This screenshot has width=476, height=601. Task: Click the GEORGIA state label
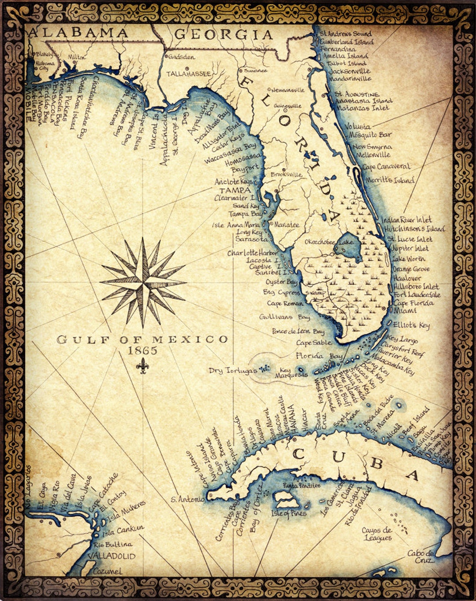point(223,35)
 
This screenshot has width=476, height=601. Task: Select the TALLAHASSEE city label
point(189,74)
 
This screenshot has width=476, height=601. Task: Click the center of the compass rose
point(143,282)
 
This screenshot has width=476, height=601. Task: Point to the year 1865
point(142,350)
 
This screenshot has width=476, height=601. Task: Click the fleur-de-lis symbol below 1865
point(142,365)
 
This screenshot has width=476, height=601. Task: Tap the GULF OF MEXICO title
point(142,339)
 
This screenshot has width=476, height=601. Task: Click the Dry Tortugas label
point(233,371)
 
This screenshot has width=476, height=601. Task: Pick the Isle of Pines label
point(289,513)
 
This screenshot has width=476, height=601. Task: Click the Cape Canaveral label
point(386,167)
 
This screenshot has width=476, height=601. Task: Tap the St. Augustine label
point(357,94)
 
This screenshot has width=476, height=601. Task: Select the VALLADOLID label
point(112,556)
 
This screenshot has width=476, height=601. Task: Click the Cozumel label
point(108,571)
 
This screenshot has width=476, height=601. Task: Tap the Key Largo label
point(402,340)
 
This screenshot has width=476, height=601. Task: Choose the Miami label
point(405,311)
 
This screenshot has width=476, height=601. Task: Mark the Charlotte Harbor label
point(253,253)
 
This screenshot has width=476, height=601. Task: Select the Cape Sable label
point(314,343)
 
